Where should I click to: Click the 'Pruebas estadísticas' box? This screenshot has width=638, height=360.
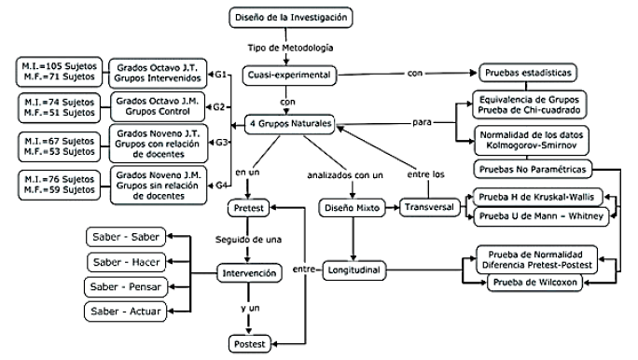click(x=528, y=73)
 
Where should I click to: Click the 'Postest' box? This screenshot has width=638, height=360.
click(x=251, y=344)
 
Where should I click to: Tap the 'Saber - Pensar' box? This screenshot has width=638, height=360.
click(x=122, y=284)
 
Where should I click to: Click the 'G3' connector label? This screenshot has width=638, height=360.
click(x=221, y=142)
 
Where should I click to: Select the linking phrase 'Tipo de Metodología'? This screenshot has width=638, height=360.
click(x=287, y=47)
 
